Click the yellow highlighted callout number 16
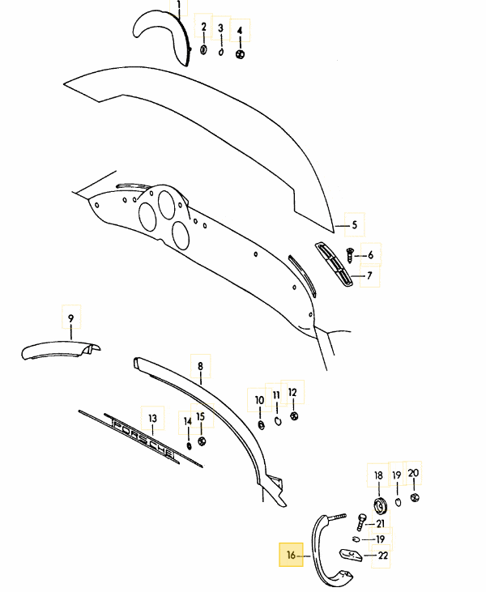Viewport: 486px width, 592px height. pos(291,555)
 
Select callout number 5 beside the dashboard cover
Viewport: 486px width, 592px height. pos(354,225)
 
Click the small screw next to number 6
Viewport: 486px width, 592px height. pos(350,256)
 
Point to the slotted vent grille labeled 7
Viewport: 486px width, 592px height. pos(335,264)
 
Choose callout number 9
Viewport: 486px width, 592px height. pos(71,318)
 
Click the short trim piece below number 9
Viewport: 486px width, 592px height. pos(61,350)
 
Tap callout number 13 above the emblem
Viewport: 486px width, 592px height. pos(152,419)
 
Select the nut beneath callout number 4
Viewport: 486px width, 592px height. pos(240,54)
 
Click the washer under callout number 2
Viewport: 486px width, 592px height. pos(203,49)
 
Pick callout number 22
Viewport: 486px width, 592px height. pos(383,556)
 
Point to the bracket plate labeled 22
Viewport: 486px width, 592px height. pos(352,555)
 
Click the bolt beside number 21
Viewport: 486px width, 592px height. pos(361,522)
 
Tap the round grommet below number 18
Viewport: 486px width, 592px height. pos(380,506)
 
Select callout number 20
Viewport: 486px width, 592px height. pos(413,473)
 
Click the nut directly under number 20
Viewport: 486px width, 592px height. pos(415,497)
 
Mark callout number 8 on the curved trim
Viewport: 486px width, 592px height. pos(200,366)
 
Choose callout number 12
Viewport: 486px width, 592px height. pos(292,392)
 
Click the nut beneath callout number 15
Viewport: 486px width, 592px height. pos(202,441)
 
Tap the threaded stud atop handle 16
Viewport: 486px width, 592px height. pos(337,517)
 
